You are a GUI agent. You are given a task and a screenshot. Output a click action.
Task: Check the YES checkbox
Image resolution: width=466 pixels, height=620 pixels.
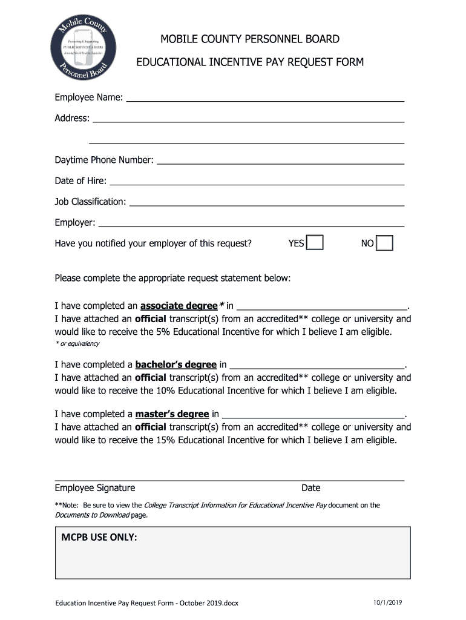pyautogui.click(x=315, y=243)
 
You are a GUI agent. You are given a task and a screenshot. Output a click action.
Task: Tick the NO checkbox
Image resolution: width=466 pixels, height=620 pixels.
pyautogui.click(x=384, y=243)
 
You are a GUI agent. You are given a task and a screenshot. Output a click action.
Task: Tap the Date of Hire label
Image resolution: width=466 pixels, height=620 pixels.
pyautogui.click(x=80, y=180)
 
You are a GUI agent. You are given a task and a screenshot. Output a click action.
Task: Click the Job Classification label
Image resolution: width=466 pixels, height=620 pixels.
pyautogui.click(x=90, y=202)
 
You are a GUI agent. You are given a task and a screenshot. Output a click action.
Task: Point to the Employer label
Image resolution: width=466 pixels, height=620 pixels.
pyautogui.click(x=74, y=223)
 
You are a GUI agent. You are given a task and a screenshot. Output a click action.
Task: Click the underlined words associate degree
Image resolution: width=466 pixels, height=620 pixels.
pyautogui.click(x=179, y=306)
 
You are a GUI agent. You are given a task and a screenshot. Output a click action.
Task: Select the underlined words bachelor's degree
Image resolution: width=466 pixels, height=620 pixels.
pyautogui.click(x=176, y=364)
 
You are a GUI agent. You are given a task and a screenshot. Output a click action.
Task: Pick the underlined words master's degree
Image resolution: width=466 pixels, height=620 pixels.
pyautogui.click(x=172, y=414)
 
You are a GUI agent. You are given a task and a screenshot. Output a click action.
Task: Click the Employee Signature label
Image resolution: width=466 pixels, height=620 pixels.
pyautogui.click(x=95, y=488)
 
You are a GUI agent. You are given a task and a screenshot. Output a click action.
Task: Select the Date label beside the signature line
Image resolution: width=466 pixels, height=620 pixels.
pyautogui.click(x=311, y=488)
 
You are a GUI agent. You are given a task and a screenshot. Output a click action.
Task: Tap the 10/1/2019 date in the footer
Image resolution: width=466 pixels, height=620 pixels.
pyautogui.click(x=389, y=602)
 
